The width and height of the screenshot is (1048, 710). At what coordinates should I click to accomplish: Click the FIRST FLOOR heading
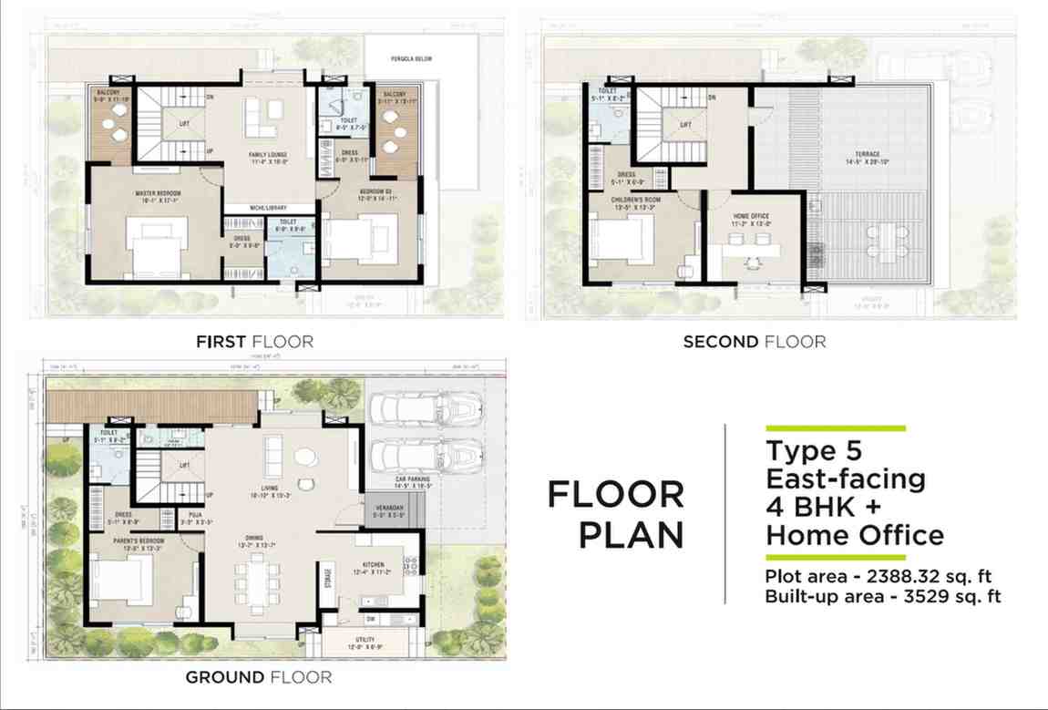pos(254,342)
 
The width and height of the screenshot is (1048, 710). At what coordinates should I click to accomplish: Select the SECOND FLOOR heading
pos(755,342)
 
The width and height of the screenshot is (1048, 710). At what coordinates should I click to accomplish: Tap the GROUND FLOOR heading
pos(258,677)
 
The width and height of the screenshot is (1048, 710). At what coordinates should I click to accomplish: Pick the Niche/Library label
pos(270,209)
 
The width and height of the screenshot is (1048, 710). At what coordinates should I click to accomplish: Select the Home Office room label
pos(751,217)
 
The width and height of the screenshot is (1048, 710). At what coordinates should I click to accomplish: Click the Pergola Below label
pos(413,59)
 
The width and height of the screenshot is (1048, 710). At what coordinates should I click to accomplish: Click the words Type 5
pos(813,451)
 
